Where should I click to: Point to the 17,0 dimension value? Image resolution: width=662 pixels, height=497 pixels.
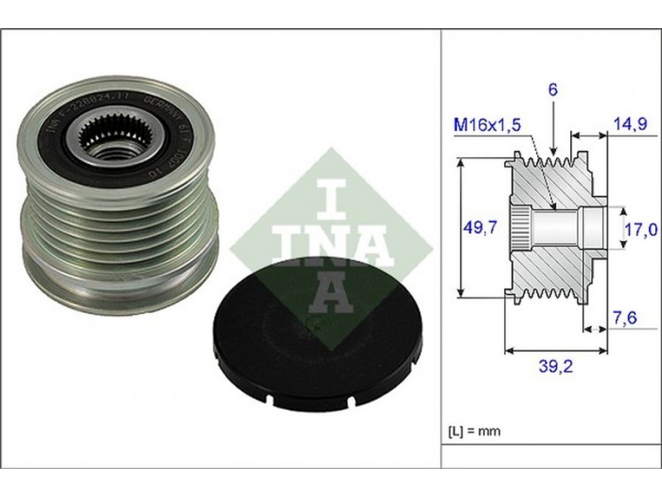click(x=641, y=227)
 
